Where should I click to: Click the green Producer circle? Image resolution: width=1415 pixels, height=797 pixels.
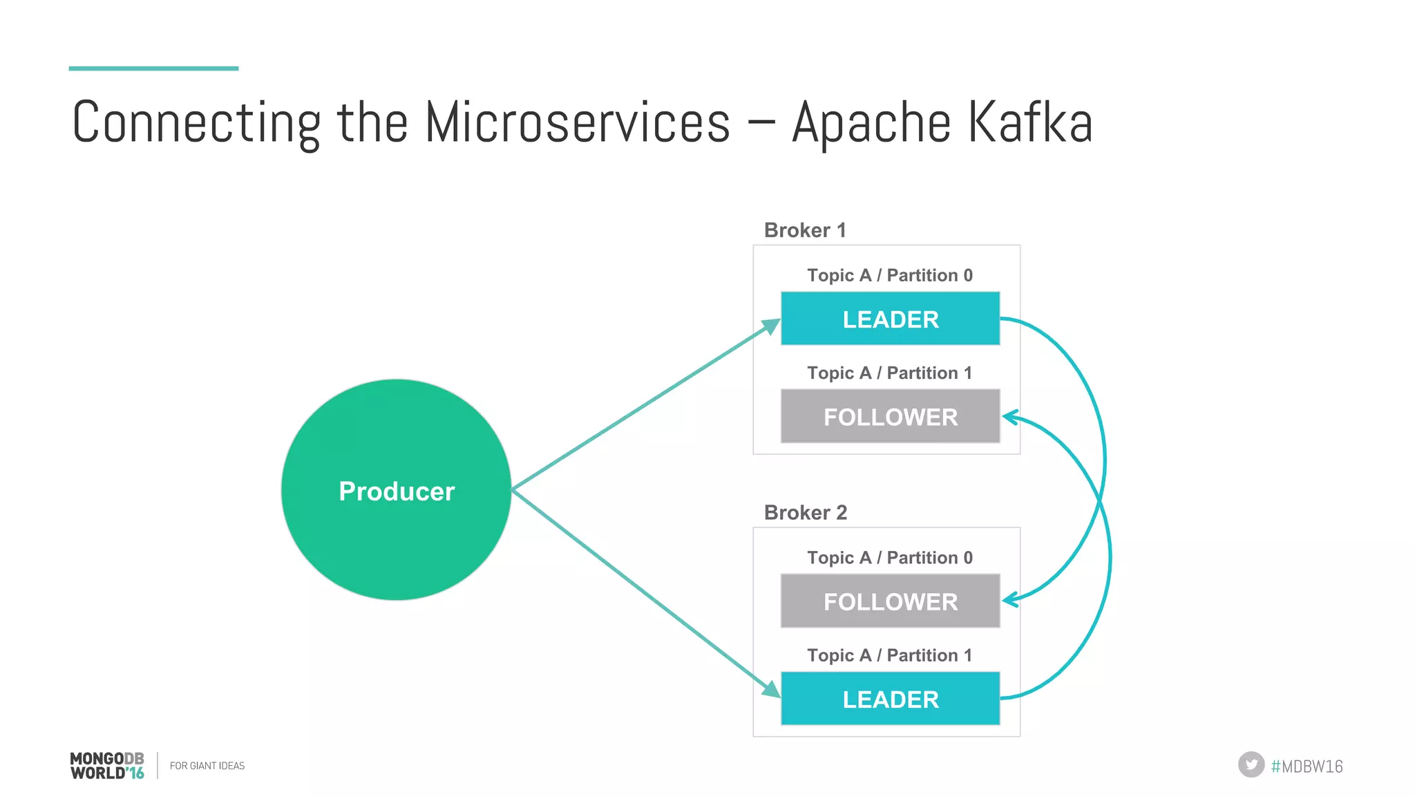pos(396,489)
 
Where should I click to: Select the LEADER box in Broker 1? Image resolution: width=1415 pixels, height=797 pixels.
pos(890,319)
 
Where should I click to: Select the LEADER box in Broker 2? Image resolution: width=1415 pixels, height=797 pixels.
pos(890,699)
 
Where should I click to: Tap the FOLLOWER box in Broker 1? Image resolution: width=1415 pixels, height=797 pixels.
pos(890,416)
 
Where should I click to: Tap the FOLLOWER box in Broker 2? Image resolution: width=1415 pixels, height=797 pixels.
pos(890,601)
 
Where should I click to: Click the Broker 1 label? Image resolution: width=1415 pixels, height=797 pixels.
pos(805,230)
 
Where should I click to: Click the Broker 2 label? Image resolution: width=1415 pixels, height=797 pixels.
pos(805,512)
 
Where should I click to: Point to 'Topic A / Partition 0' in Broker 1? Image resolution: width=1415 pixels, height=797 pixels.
pos(889,275)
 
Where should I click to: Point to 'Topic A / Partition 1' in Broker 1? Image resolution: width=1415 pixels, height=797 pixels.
pos(889,373)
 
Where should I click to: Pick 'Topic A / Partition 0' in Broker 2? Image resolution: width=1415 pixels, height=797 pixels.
pos(889,557)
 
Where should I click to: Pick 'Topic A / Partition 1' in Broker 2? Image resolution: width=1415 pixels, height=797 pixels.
pos(889,655)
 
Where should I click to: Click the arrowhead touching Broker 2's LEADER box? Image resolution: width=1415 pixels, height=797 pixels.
pos(771,689)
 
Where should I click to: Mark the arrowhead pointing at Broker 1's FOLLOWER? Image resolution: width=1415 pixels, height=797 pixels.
pos(1010,417)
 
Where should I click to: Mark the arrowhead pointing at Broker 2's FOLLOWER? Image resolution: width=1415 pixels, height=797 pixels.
pos(1010,600)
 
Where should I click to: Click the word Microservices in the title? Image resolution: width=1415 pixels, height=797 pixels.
pos(577,123)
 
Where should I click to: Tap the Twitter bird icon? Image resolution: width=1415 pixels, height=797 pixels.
pos(1251,765)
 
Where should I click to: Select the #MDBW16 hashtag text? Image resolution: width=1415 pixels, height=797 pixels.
pos(1307,766)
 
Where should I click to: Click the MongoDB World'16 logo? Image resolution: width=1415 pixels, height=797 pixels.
pos(107,765)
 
